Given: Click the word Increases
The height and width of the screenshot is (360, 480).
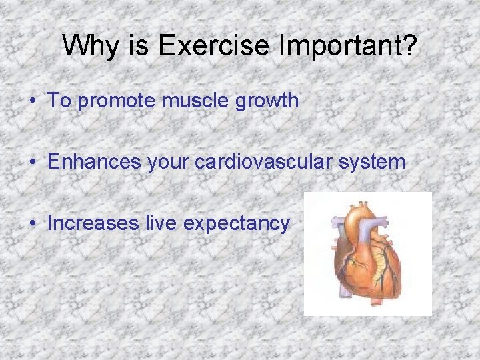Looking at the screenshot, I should click(93, 223).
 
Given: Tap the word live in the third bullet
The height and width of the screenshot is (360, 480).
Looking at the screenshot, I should click(161, 223).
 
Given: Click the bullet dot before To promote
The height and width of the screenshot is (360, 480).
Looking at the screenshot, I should click(32, 102).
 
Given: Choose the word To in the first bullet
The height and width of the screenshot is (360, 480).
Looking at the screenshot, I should click(59, 101).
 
